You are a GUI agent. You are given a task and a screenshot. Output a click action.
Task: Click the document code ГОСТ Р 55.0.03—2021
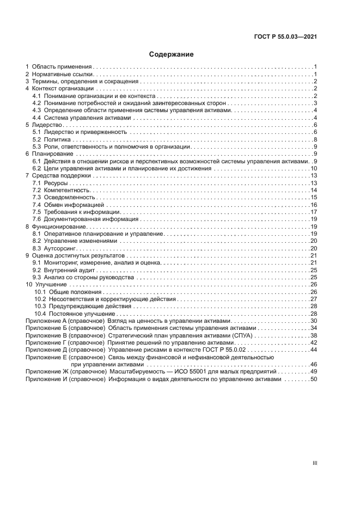pos(285,38)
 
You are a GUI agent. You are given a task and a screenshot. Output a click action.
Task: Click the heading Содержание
pos(172,54)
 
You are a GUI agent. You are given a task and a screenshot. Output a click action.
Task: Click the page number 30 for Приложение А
pos(314,321)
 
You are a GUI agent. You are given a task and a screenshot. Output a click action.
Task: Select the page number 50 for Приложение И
pos(314,379)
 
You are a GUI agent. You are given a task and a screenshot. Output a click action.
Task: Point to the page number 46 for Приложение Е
pos(314,365)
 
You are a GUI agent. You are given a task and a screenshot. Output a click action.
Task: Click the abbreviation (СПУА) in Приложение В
pos(233,336)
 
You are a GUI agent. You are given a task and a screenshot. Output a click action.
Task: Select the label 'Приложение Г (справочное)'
pos(65,343)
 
